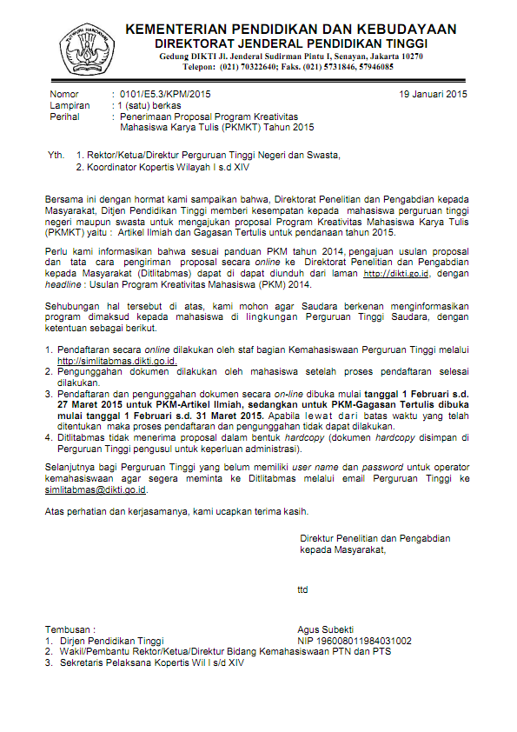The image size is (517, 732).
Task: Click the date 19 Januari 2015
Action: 434,93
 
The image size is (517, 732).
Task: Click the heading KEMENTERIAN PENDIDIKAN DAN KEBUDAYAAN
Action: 291,30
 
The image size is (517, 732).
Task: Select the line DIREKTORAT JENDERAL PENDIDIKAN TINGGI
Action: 291,43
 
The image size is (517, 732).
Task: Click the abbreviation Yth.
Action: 56,155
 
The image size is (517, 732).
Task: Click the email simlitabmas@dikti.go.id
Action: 96,489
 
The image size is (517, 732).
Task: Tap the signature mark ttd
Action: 302,589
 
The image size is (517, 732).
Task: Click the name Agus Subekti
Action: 325,629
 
